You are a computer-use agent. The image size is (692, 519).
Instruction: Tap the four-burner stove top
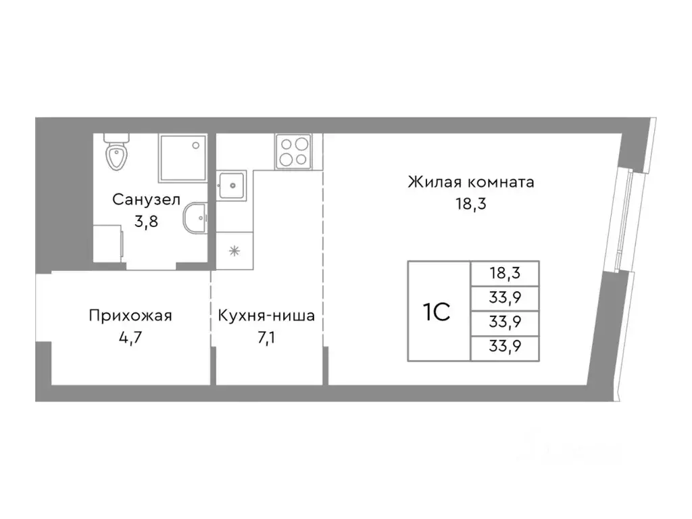coord(293,151)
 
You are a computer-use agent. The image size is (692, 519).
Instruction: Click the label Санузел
coord(146,200)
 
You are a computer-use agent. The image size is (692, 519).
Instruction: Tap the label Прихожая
coord(130,316)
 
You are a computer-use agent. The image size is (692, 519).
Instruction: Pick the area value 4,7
coord(130,337)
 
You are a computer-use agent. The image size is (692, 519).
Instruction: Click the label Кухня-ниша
coord(266,316)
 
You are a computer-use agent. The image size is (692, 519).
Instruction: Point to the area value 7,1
coord(266,337)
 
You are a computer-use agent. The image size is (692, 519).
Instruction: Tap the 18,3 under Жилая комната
coord(471,203)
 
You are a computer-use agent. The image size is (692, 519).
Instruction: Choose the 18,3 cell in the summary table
coord(505,273)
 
